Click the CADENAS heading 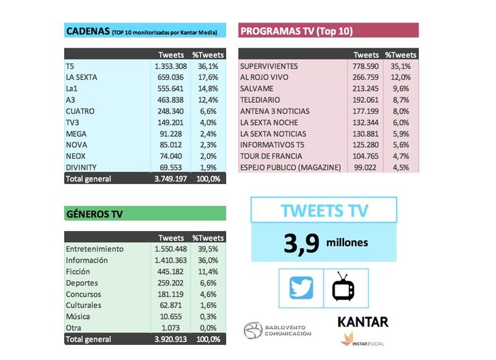(x=87, y=31)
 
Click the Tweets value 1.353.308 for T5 (x=168, y=66)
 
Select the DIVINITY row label (x=82, y=167)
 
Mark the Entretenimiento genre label (x=95, y=249)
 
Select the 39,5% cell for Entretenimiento (x=207, y=249)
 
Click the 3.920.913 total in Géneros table (x=168, y=338)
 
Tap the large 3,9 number (x=300, y=244)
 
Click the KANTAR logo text (x=362, y=322)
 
